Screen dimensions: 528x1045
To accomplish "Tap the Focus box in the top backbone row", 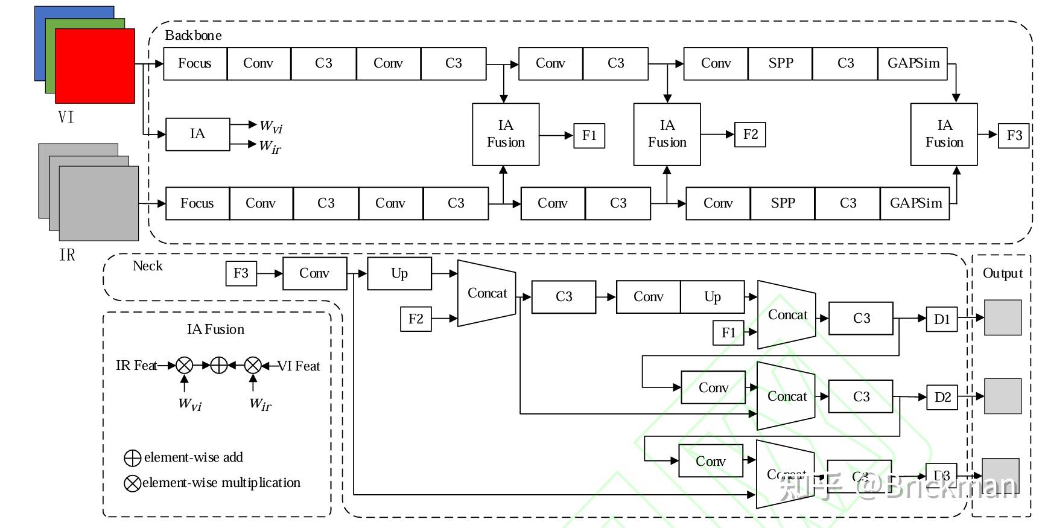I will pos(195,63).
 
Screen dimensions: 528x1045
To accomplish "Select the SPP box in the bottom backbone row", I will pos(783,203).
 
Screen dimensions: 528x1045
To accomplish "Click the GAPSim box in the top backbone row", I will pos(913,63).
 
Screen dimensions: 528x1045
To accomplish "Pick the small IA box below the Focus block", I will pos(197,134).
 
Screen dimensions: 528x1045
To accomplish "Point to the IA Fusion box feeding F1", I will pos(506,134).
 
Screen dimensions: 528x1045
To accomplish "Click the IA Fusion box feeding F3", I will pos(944,134).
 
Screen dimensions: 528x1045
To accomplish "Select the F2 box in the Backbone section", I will pos(750,135).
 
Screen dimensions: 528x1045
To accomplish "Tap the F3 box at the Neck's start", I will pos(241,273).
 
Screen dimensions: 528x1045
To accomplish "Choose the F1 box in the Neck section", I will pos(728,332).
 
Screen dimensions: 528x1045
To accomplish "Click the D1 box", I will pos(942,319).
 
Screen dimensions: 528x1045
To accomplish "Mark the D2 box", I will pos(942,397).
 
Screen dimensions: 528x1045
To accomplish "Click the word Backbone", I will pos(193,36).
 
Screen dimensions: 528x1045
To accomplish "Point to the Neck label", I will pos(147,266).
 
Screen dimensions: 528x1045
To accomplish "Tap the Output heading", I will pos(1002,273).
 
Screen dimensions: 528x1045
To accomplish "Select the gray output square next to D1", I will pos(1003,317).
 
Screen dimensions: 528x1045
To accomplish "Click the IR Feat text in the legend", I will pos(136,366).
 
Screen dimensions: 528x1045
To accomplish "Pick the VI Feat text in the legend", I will pos(299,366).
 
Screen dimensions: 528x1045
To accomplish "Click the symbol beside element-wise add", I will pos(132,458).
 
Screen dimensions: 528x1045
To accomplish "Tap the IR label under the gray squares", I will pos(67,255).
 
